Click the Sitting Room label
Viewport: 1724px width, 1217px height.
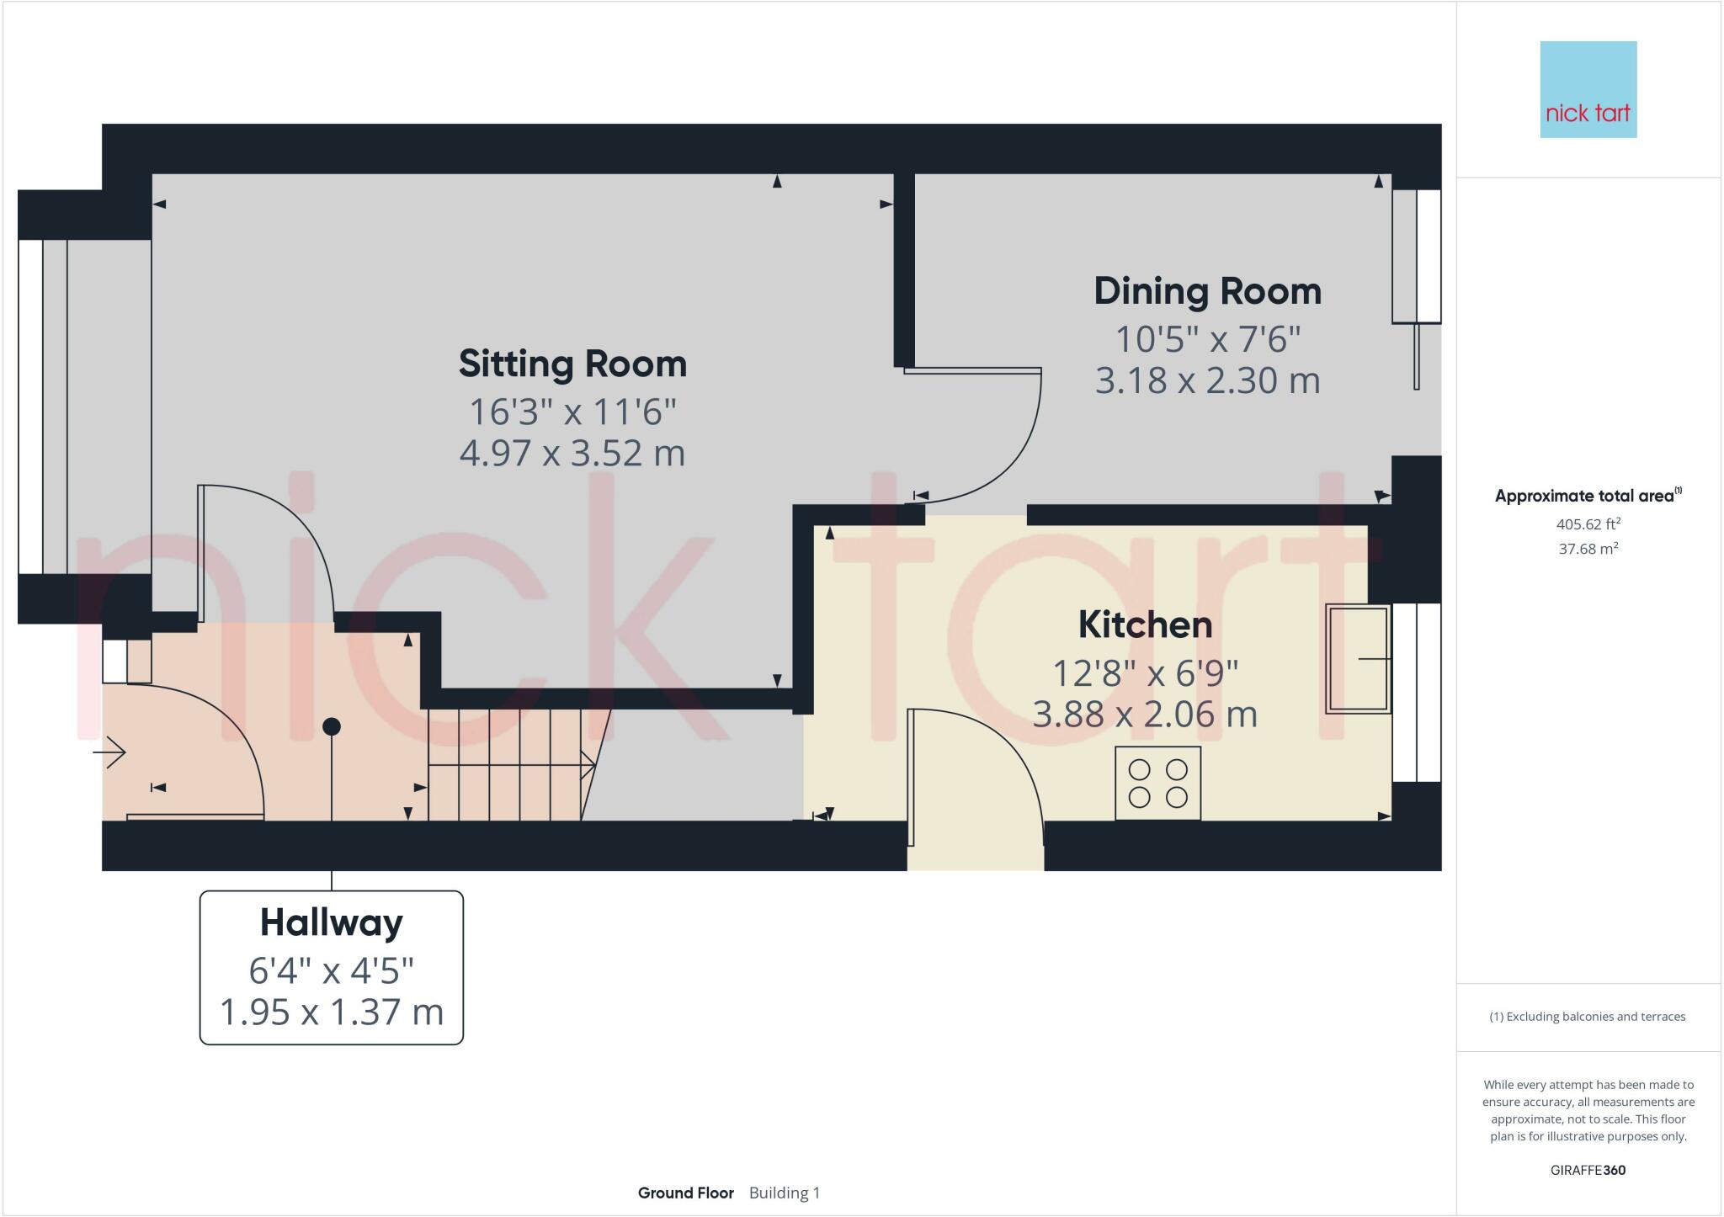(572, 364)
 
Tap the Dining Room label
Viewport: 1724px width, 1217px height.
(1207, 292)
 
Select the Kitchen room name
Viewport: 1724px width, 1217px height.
(1145, 625)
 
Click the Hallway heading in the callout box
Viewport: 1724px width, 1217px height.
(331, 923)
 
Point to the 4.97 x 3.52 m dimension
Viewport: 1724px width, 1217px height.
(572, 454)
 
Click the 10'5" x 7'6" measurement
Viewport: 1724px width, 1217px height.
(1207, 340)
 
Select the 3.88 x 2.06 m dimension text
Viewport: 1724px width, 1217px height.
(1145, 715)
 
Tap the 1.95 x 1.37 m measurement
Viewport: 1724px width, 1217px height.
(331, 1012)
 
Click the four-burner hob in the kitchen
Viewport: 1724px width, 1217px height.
(1157, 783)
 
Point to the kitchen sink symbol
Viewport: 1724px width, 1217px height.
(1357, 659)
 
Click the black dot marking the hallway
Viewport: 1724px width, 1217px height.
(332, 726)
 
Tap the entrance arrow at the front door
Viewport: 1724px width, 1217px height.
(109, 752)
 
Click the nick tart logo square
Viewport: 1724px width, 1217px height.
(1588, 89)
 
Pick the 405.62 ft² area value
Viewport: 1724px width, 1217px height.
(1588, 523)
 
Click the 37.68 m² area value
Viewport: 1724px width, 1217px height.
(1588, 549)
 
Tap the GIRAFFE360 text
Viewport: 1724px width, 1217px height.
(1588, 1170)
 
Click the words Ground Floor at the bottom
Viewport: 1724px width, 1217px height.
(685, 1193)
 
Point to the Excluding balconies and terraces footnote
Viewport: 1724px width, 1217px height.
(1588, 1017)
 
